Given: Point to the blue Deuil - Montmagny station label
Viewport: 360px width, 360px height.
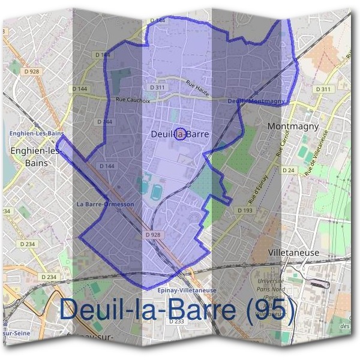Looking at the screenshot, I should [x=256, y=101].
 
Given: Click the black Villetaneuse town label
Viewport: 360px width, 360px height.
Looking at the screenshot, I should [x=294, y=253].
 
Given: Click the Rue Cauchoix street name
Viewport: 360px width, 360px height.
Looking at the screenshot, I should [x=133, y=100].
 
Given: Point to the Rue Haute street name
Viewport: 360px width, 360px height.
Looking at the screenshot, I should [x=197, y=89].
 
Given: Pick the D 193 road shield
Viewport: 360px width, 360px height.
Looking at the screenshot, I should [x=244, y=211].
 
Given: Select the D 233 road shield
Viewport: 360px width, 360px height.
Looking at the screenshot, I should [x=176, y=322].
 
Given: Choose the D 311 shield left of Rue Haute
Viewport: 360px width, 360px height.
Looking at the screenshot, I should [x=158, y=88].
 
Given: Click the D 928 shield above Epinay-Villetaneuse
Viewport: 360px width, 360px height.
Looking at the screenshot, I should [x=153, y=235].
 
